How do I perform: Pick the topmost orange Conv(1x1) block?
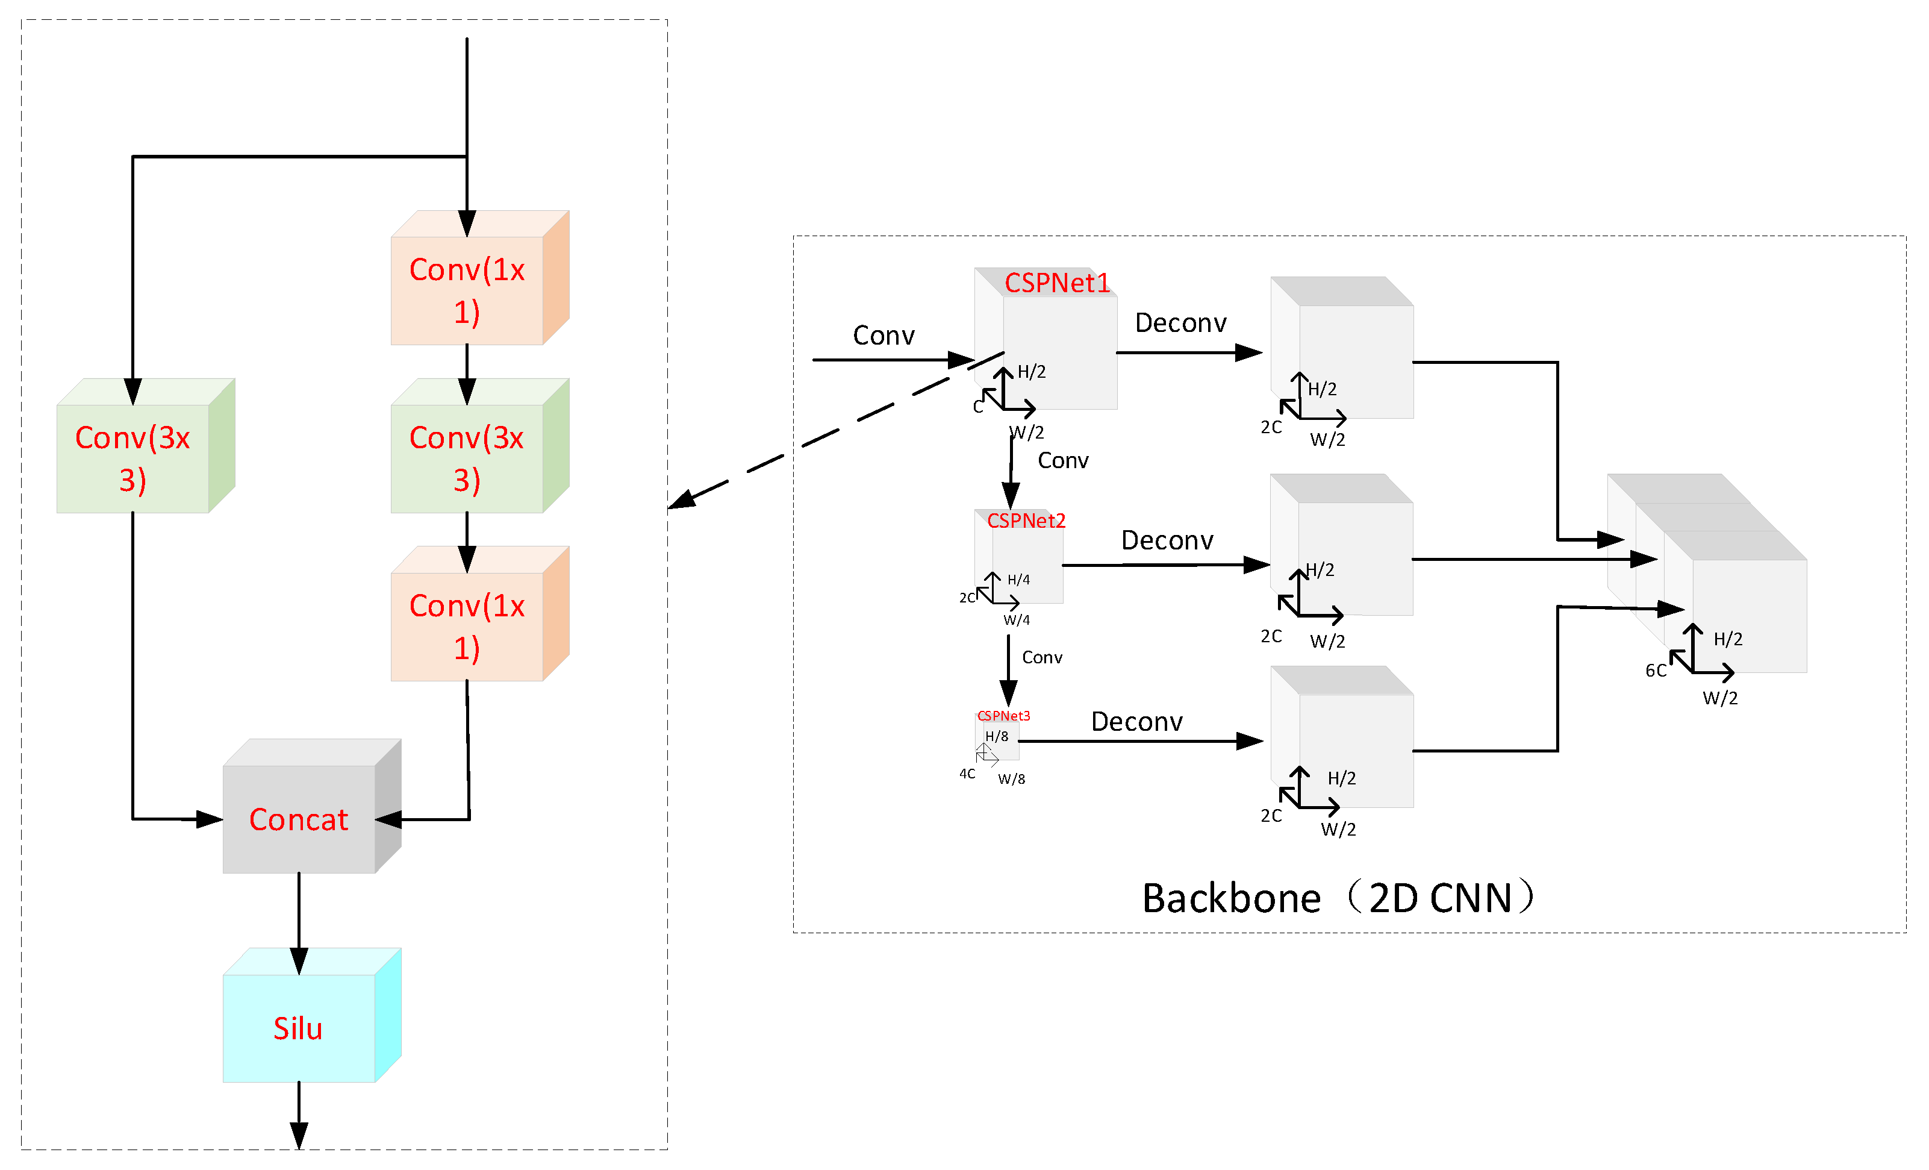tap(467, 290)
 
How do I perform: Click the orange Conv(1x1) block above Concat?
tap(467, 627)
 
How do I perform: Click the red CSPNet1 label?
tap(1057, 283)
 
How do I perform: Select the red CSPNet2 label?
tap(1026, 521)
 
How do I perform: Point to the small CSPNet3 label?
tap(1003, 716)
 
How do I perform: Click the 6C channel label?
tap(1656, 671)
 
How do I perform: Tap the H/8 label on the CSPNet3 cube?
tap(997, 736)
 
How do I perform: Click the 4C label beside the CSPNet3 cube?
tap(967, 774)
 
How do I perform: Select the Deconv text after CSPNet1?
tap(1180, 323)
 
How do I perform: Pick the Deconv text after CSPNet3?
tap(1136, 721)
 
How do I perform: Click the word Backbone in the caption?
tap(1230, 898)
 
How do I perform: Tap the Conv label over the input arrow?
tap(883, 335)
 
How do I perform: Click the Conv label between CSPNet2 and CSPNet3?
tap(1041, 657)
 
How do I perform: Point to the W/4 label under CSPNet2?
tap(1016, 620)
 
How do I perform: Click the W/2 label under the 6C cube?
tap(1720, 698)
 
